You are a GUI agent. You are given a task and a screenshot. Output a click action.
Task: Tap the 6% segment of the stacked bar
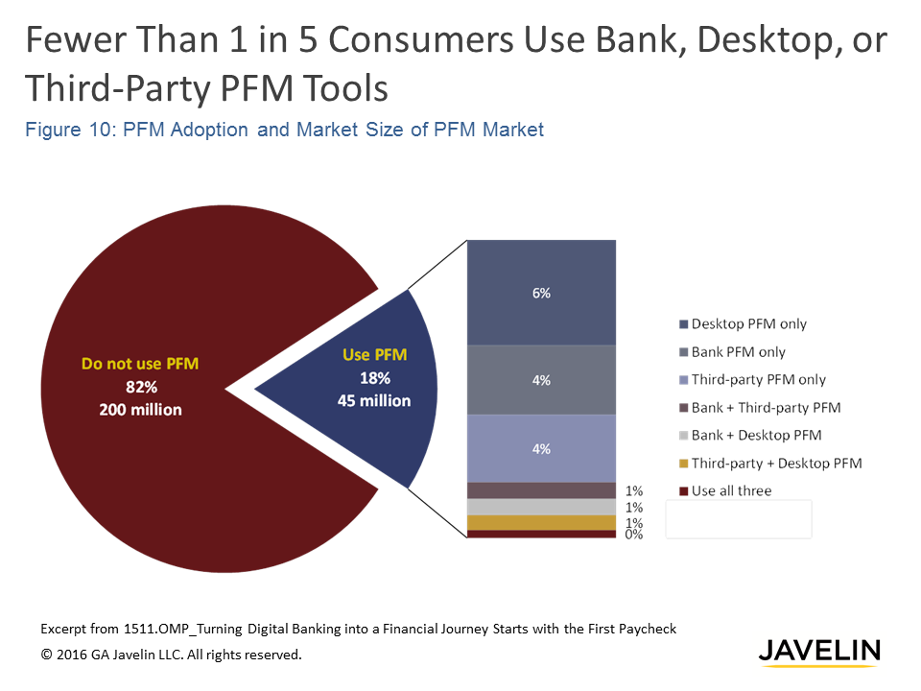(541, 293)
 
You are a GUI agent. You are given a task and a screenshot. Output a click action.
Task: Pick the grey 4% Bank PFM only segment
(541, 380)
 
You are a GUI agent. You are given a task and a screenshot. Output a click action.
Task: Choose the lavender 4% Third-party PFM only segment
(541, 448)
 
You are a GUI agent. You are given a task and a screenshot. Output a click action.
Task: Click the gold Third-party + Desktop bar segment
(541, 522)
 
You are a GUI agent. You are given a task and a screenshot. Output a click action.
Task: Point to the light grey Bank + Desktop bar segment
(541, 507)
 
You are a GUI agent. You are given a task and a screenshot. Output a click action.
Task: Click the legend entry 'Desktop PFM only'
(749, 324)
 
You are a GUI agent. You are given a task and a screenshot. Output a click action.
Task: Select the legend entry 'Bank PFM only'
(739, 352)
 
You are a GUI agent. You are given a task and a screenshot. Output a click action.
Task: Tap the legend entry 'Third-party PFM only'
(758, 380)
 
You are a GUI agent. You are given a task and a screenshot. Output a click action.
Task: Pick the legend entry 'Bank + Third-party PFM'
(766, 408)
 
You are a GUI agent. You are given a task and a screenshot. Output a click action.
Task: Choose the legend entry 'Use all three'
(731, 491)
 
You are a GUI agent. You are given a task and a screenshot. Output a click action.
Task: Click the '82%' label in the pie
(140, 387)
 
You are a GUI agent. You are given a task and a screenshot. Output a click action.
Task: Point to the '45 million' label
(373, 401)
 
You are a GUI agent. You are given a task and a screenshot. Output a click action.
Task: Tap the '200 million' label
(140, 410)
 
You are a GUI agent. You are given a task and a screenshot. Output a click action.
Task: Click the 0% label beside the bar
(633, 535)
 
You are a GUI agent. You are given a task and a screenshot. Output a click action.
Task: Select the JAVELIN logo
(818, 652)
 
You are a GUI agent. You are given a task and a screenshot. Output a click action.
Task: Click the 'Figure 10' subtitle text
(284, 130)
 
